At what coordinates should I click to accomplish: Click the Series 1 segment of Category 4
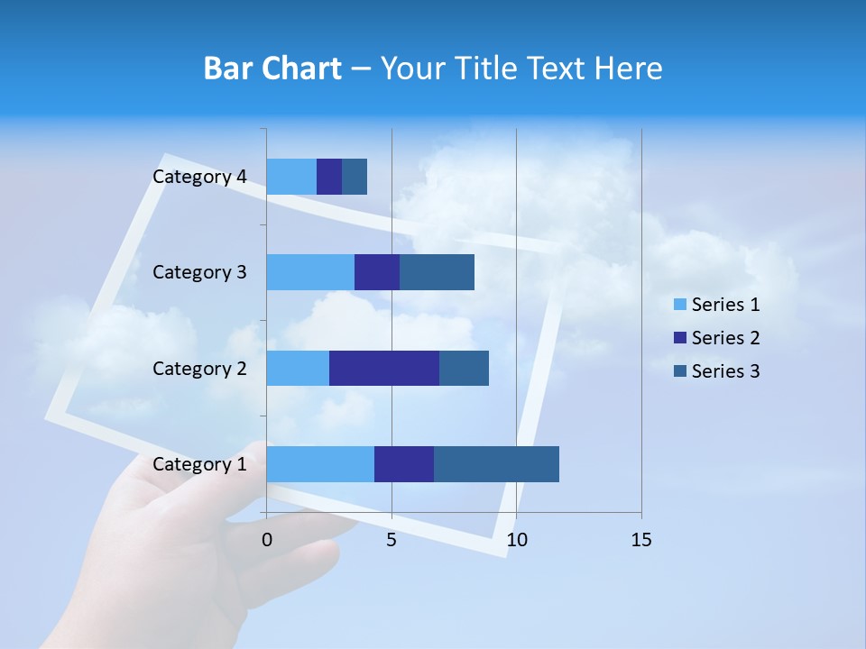pyautogui.click(x=291, y=177)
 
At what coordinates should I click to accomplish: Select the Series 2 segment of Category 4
pyautogui.click(x=329, y=177)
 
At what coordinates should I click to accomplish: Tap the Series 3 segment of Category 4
pyautogui.click(x=355, y=177)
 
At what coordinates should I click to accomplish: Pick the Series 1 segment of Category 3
pyautogui.click(x=310, y=272)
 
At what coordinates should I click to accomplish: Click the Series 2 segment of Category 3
pyautogui.click(x=377, y=272)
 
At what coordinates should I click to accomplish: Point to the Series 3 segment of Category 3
pyautogui.click(x=437, y=272)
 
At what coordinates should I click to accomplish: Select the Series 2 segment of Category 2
pyautogui.click(x=384, y=368)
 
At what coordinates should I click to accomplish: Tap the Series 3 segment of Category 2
pyautogui.click(x=464, y=368)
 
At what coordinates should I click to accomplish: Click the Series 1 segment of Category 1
pyautogui.click(x=320, y=463)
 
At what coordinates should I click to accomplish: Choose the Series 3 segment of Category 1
pyautogui.click(x=496, y=463)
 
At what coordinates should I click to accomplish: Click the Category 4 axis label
pyautogui.click(x=199, y=177)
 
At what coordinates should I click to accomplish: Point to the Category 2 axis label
pyautogui.click(x=199, y=368)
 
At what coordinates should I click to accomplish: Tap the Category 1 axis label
pyautogui.click(x=199, y=464)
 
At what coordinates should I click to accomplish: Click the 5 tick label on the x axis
pyautogui.click(x=392, y=540)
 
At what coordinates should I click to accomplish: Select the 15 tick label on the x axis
pyautogui.click(x=640, y=540)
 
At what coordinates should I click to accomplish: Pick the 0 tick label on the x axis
pyautogui.click(x=267, y=540)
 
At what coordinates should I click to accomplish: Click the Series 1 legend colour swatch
pyautogui.click(x=679, y=305)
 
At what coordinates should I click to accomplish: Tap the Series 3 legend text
pyautogui.click(x=725, y=371)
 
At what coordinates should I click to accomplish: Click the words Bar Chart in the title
pyautogui.click(x=272, y=69)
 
